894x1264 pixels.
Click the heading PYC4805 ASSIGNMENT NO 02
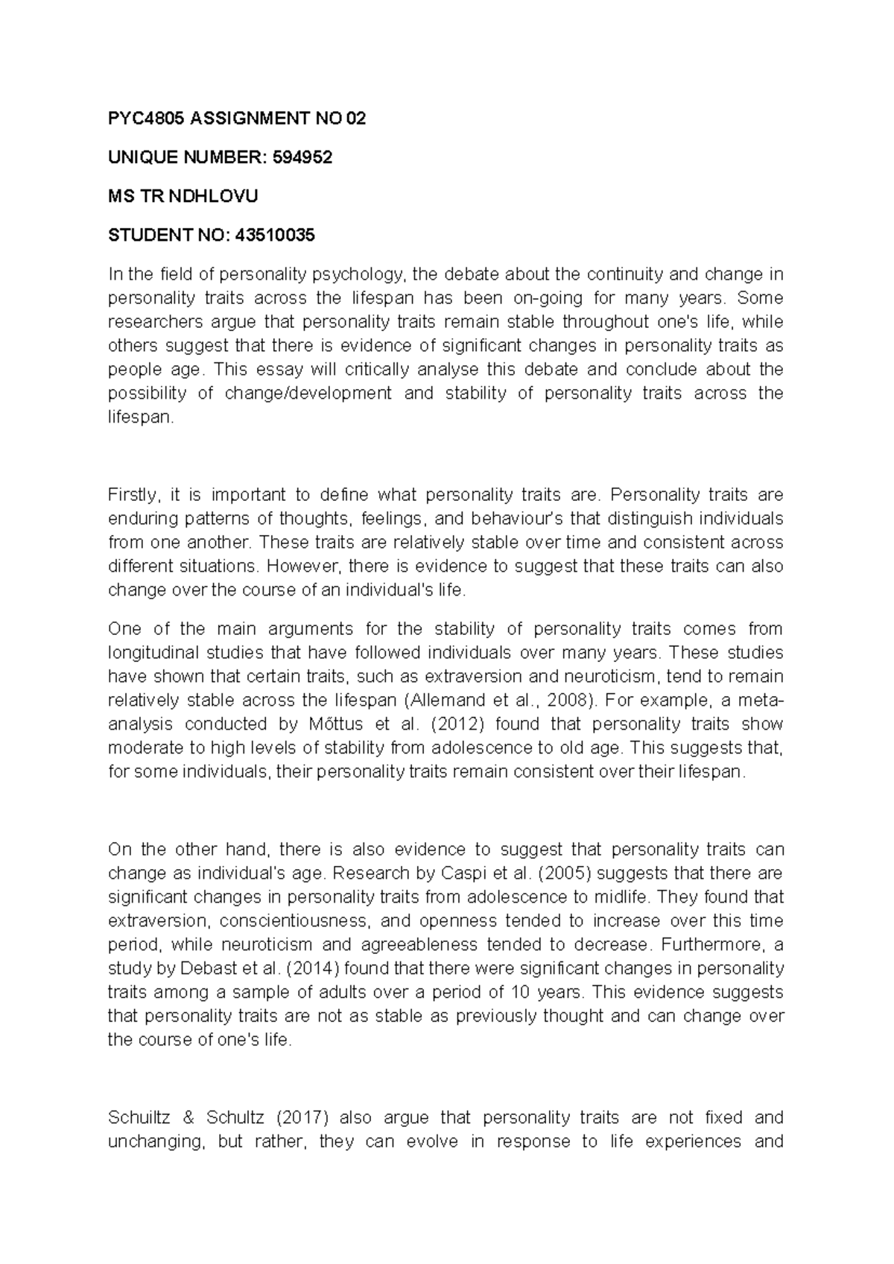[x=237, y=118]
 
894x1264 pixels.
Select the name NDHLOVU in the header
[x=213, y=197]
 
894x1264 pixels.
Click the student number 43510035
[x=275, y=236]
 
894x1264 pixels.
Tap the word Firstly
[x=133, y=495]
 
